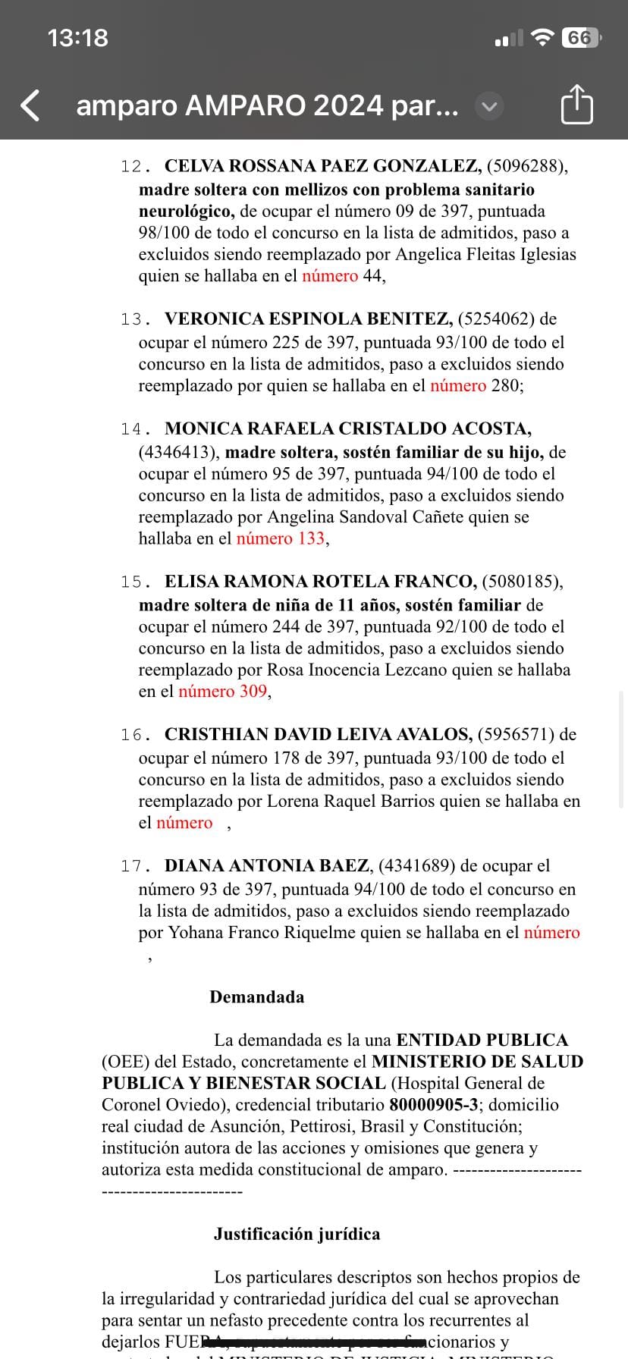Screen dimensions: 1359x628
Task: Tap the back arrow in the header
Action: [30, 105]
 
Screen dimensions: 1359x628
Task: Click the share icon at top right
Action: [576, 105]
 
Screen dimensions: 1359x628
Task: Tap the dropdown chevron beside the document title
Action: [489, 106]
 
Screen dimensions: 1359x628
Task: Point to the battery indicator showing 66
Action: [580, 38]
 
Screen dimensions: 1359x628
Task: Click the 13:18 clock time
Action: [77, 38]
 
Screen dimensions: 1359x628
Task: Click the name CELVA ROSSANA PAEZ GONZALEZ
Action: [322, 166]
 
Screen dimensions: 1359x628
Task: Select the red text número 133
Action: [281, 539]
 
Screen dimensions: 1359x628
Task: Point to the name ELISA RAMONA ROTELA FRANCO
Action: [320, 582]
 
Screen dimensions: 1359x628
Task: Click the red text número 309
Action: [222, 692]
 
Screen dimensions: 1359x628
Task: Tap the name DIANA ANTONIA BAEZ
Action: [267, 866]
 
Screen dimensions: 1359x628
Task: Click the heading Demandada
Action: [256, 997]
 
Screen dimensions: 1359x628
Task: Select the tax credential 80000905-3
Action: [434, 1105]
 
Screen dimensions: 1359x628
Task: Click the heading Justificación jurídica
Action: [297, 1235]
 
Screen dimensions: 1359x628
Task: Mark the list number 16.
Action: [131, 735]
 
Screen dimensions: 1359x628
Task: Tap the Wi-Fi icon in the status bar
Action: [542, 38]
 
